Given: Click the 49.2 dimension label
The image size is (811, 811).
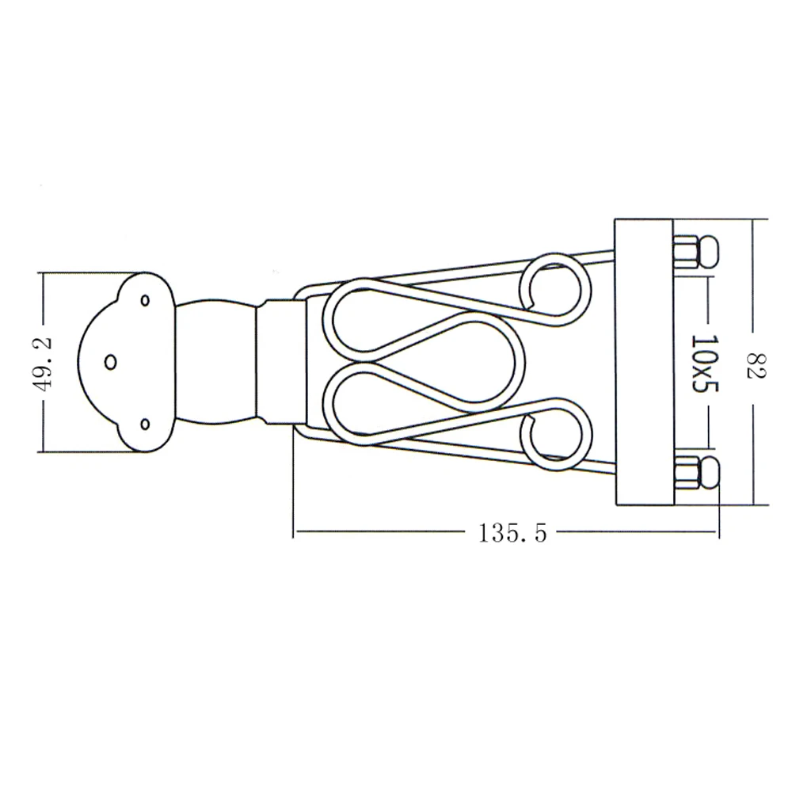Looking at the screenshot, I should click(44, 363).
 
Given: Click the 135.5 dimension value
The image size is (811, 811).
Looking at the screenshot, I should click(512, 533).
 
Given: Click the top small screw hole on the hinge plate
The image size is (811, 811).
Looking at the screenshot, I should click(145, 300).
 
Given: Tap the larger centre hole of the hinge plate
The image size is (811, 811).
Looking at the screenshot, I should click(111, 362).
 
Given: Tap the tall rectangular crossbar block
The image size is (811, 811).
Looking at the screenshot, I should click(643, 363).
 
